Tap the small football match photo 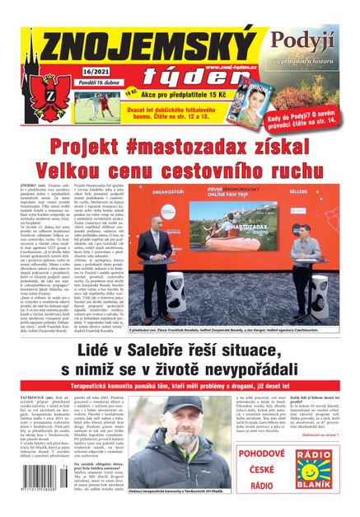point(98,106)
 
